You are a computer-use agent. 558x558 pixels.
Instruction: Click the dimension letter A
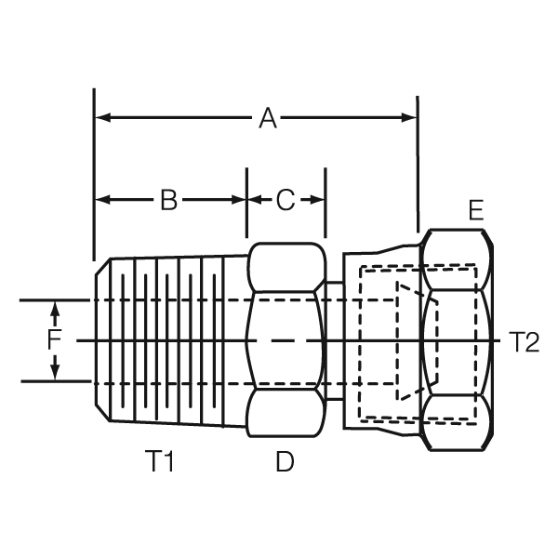268,118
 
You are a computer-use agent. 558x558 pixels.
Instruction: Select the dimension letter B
168,200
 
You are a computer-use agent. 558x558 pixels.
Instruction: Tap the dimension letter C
286,200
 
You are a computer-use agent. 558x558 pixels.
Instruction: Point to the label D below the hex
286,461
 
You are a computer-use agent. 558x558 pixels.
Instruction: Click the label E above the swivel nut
476,210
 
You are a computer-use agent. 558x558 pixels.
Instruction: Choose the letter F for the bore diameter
54,339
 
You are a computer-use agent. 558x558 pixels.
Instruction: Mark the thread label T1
159,461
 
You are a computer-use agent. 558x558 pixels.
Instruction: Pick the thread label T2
525,341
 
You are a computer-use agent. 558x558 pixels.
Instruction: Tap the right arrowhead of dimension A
408,117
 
